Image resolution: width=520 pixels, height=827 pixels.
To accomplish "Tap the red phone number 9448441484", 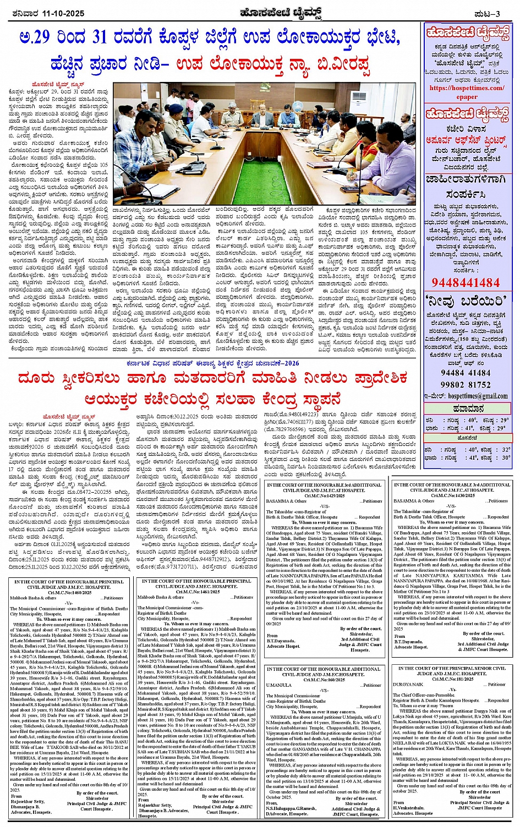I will click(x=466, y=283).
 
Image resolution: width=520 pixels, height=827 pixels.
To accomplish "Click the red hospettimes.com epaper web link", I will click(x=467, y=92).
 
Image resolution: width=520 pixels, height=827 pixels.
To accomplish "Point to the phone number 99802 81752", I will click(x=466, y=385).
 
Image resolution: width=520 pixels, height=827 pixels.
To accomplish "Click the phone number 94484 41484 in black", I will click(x=466, y=373).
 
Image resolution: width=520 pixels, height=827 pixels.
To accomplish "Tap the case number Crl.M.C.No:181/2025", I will click(x=452, y=679).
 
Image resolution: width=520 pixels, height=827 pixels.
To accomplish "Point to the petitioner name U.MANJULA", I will click(x=279, y=685).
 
